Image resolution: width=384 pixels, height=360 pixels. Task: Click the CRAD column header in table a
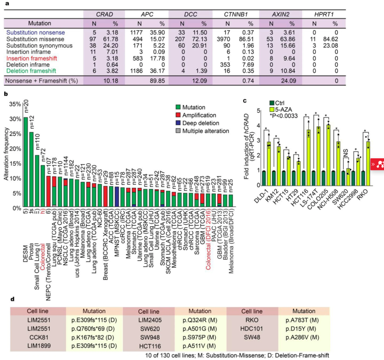tap(104, 15)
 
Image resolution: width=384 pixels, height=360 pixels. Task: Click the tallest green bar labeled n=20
tap(26, 162)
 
